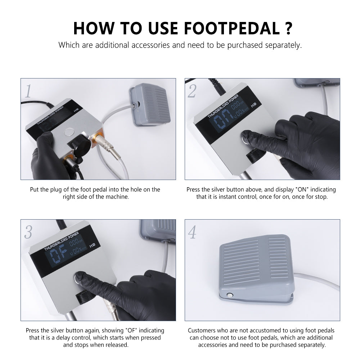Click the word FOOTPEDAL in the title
(233, 28)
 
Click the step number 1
(28, 91)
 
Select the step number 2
(192, 91)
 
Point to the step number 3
(28, 232)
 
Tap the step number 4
(192, 232)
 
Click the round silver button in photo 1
(69, 132)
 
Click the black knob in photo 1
(80, 146)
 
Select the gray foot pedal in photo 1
(150, 104)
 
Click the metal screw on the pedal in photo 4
(229, 295)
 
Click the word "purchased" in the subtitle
(245, 45)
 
